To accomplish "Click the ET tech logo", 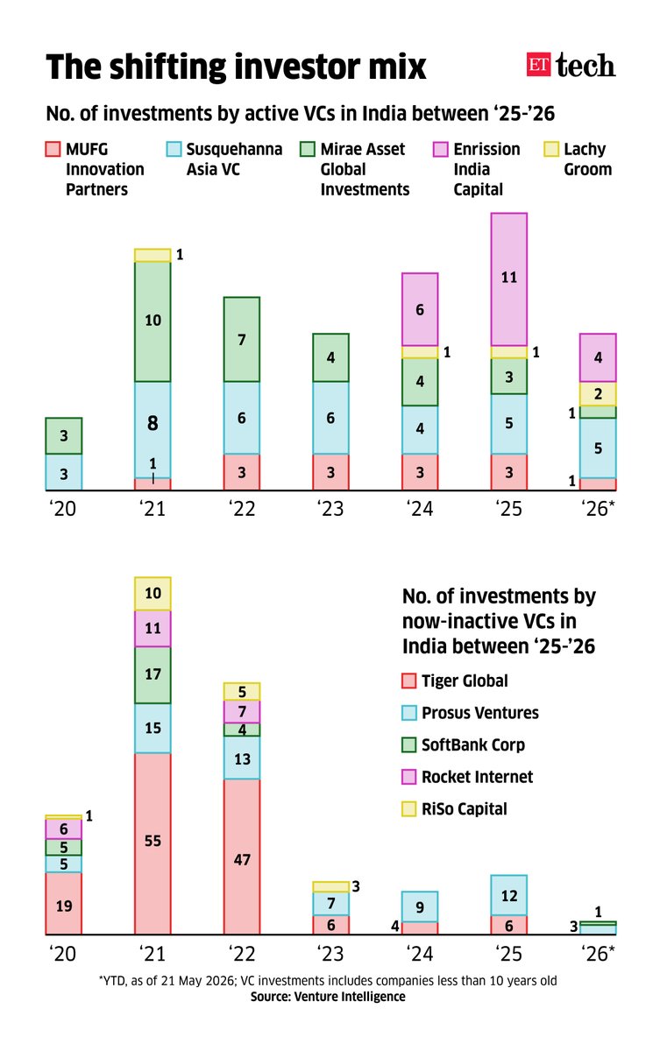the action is pos(571,65).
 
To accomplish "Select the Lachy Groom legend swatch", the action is pos(551,149).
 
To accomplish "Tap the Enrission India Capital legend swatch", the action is pos(440,149).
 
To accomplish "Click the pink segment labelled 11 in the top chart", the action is pos(509,279).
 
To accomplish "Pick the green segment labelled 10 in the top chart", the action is pos(153,321).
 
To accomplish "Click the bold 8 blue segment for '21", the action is pos(153,430).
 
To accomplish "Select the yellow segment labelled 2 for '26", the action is pos(598,394).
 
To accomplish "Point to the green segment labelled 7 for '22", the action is pos(242,339).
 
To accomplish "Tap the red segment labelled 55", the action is pos(153,844).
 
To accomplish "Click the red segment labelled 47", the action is pos(242,857).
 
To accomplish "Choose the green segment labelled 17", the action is pos(153,675).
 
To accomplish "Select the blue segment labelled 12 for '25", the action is pos(509,895).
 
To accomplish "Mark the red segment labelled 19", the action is pos(63,903).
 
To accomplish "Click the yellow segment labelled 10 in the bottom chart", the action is pos(153,594).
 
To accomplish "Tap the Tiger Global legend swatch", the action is pos(408,681).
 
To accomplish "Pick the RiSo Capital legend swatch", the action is pos(408,809).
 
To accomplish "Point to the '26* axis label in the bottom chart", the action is pos(598,954).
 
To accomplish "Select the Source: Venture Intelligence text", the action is pos(328,997).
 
